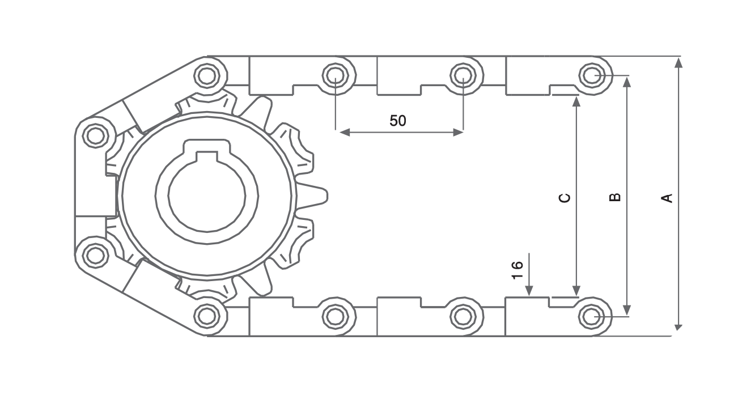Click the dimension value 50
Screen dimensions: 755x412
coord(398,121)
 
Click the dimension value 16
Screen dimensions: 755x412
coord(518,270)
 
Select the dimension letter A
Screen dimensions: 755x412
coord(667,198)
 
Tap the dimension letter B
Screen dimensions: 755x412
coord(616,197)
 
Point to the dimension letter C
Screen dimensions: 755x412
coord(565,198)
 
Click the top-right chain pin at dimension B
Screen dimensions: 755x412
coord(592,75)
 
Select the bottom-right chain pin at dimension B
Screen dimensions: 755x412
coord(592,316)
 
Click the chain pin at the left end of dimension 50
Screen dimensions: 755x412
coord(336,75)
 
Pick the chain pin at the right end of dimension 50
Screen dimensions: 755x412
coord(464,75)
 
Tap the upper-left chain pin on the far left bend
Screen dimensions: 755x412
coord(96,135)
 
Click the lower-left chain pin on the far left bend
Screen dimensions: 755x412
coord(96,255)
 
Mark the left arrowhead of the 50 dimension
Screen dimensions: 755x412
coord(345,133)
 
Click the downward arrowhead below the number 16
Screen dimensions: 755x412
coord(529,290)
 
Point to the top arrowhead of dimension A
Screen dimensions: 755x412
coord(679,63)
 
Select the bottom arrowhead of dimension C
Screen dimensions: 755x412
coord(576,290)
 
